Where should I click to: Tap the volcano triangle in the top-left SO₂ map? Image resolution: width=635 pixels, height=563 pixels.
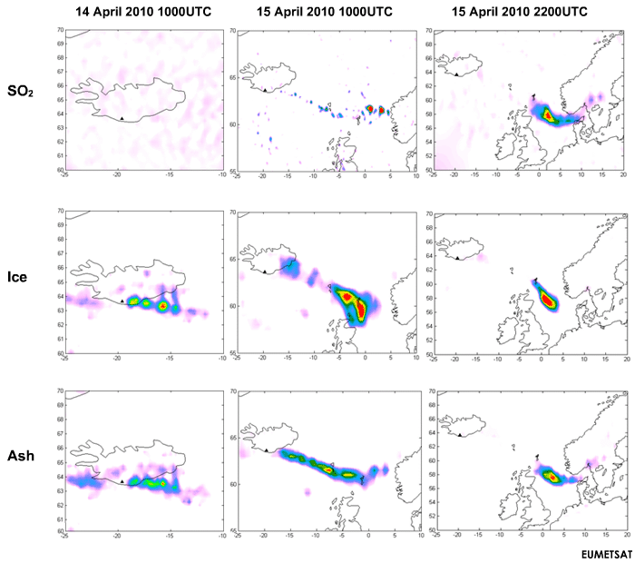[122, 117]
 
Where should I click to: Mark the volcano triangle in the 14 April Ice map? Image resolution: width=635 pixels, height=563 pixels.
[122, 300]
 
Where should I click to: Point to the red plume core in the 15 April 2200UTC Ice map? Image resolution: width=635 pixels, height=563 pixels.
[548, 300]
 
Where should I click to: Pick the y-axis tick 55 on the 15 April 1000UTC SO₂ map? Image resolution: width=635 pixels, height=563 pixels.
[230, 171]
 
